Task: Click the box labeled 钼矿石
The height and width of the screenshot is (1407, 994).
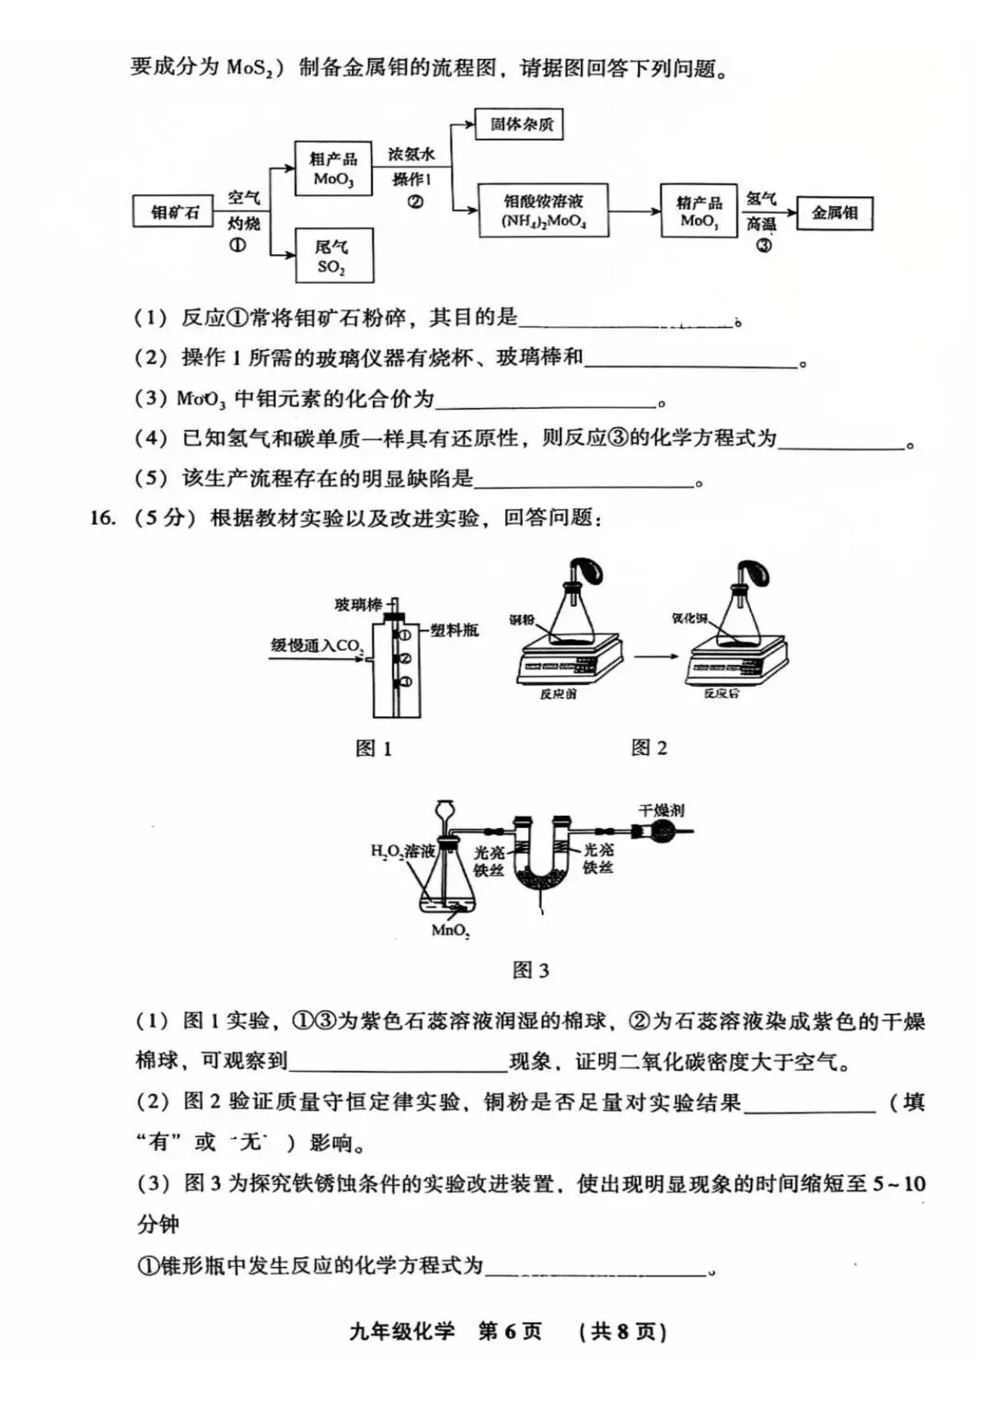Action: click(x=174, y=213)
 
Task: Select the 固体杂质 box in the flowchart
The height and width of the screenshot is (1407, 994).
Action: click(x=519, y=124)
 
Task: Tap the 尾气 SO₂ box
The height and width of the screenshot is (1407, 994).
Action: click(x=333, y=256)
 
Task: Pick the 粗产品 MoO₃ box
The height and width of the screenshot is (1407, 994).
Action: click(x=333, y=169)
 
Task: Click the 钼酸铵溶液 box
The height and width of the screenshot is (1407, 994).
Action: click(x=543, y=211)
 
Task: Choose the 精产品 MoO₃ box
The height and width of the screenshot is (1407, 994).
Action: click(x=699, y=211)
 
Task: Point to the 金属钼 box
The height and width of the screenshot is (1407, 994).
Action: click(x=834, y=213)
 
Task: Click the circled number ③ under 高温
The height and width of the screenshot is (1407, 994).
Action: click(x=763, y=245)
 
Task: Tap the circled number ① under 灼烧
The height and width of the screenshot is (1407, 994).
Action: click(x=237, y=245)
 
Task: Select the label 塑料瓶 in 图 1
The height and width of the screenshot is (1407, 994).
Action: click(x=455, y=630)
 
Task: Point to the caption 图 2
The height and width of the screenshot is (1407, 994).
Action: click(x=649, y=748)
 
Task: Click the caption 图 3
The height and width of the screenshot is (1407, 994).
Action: click(x=530, y=970)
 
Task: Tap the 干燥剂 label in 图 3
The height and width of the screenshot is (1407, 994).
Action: click(x=661, y=810)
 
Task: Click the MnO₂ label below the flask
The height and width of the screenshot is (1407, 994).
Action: click(x=450, y=931)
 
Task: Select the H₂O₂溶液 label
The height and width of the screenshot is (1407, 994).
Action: click(x=402, y=852)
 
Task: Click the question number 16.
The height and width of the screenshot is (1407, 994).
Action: click(x=102, y=517)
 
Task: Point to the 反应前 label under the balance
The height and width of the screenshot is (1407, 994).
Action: click(x=558, y=693)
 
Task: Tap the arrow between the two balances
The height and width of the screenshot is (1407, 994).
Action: click(x=655, y=656)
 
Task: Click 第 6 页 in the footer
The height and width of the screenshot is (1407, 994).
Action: click(x=510, y=1331)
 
